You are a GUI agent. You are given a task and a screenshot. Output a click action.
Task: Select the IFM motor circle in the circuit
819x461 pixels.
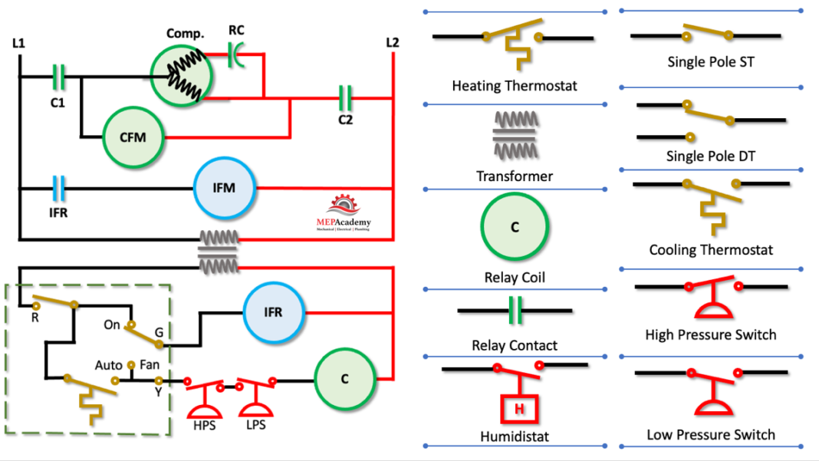pyautogui.click(x=225, y=187)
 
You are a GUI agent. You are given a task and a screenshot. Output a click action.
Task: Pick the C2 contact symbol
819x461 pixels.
pyautogui.click(x=345, y=97)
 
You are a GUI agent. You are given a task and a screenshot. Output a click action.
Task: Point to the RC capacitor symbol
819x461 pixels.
pyautogui.click(x=237, y=54)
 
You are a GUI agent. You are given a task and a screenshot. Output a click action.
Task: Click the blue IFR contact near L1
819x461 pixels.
pyautogui.click(x=58, y=188)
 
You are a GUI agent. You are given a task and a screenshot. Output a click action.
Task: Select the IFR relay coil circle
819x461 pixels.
pyautogui.click(x=274, y=312)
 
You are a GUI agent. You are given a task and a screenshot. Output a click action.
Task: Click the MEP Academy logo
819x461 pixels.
pyautogui.click(x=343, y=214)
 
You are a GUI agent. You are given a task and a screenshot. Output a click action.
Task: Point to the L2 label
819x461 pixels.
pyautogui.click(x=392, y=42)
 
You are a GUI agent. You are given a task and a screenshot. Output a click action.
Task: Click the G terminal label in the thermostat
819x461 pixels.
pyautogui.click(x=159, y=331)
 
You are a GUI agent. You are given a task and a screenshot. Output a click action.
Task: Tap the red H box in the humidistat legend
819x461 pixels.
pyautogui.click(x=518, y=409)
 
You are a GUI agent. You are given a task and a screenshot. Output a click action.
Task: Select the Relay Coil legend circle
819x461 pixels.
pyautogui.click(x=515, y=228)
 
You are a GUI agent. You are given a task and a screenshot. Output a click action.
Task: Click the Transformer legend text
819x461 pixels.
pyautogui.click(x=514, y=176)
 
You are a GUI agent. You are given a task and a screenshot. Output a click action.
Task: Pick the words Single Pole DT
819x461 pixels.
pyautogui.click(x=710, y=156)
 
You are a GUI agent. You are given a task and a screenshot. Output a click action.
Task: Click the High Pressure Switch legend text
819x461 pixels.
pyautogui.click(x=710, y=334)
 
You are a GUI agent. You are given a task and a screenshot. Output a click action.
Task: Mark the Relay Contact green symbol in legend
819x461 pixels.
pyautogui.click(x=515, y=311)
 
